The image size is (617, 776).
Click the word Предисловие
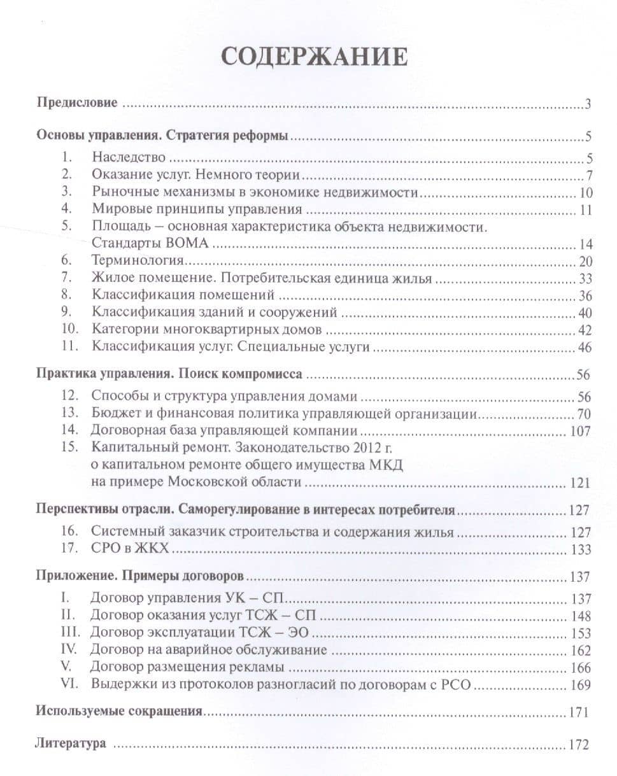click(x=76, y=102)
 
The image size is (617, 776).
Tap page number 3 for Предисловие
click(x=590, y=104)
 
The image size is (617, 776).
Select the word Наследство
click(x=129, y=157)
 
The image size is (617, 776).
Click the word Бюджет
click(x=113, y=413)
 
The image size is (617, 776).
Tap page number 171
click(x=579, y=712)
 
